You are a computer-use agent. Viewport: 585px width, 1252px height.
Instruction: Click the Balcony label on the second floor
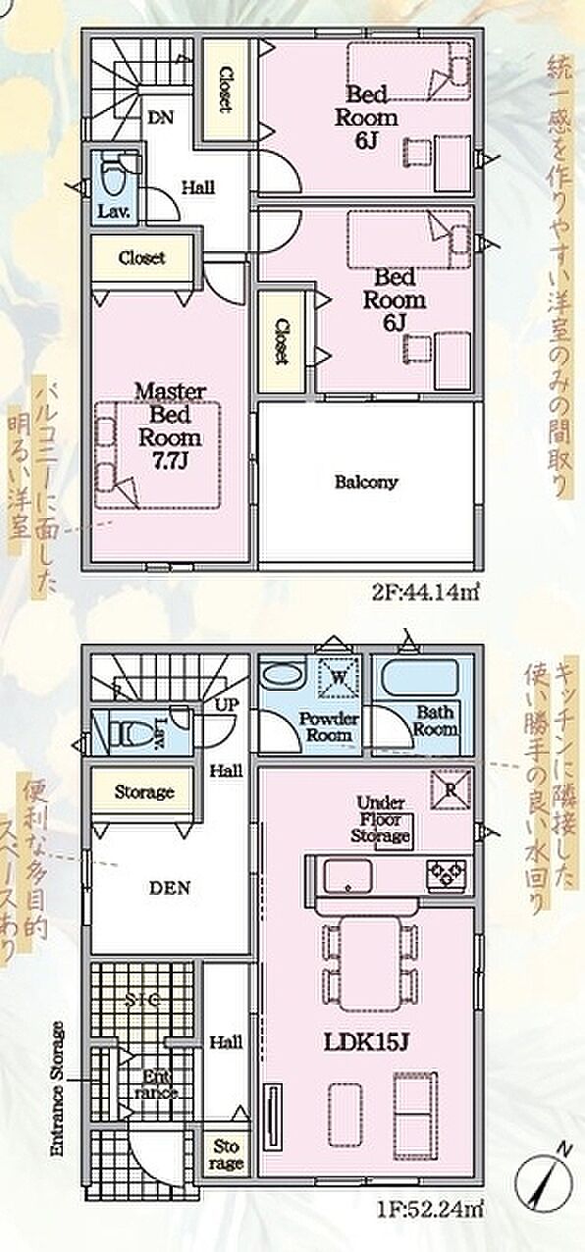coord(365,482)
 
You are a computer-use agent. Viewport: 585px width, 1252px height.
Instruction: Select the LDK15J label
coord(366,1041)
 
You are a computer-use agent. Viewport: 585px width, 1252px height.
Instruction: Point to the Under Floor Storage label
coord(381,819)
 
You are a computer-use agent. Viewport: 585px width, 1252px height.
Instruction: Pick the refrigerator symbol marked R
coord(453,788)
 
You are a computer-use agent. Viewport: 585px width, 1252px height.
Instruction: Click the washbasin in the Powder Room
coord(284,679)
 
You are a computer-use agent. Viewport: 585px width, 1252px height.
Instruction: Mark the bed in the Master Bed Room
coord(157,455)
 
